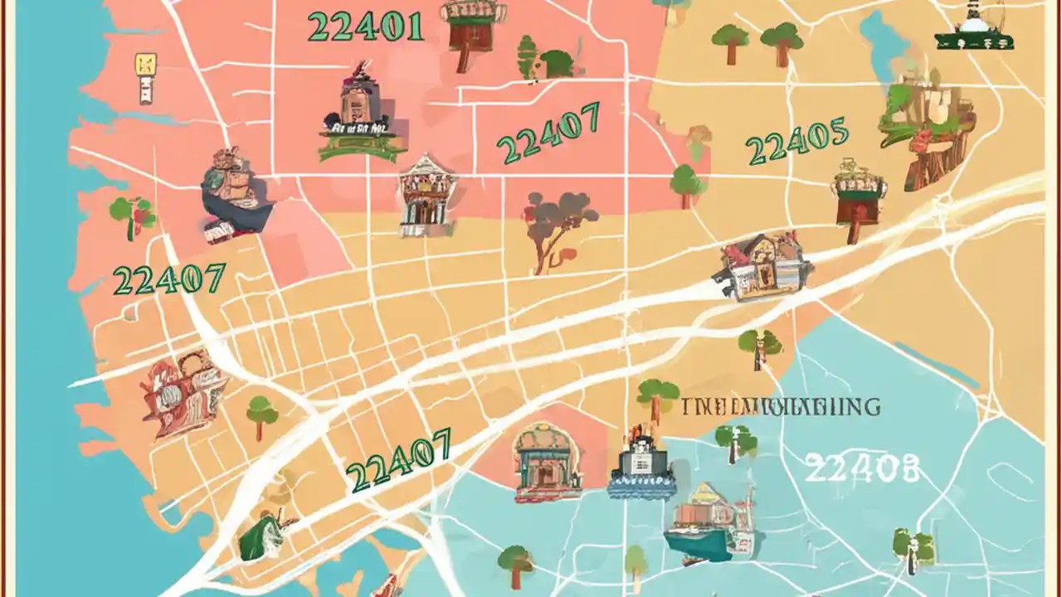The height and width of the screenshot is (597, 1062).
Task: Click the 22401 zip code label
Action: (365, 27)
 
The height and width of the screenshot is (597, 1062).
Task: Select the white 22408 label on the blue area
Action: (862, 469)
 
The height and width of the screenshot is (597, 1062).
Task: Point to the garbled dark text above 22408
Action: (781, 407)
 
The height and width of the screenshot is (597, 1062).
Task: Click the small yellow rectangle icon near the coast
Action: (146, 78)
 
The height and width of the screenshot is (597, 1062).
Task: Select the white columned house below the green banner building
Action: (426, 195)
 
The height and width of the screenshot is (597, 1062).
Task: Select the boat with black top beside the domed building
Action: (641, 465)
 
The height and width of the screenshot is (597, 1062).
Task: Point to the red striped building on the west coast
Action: (180, 393)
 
